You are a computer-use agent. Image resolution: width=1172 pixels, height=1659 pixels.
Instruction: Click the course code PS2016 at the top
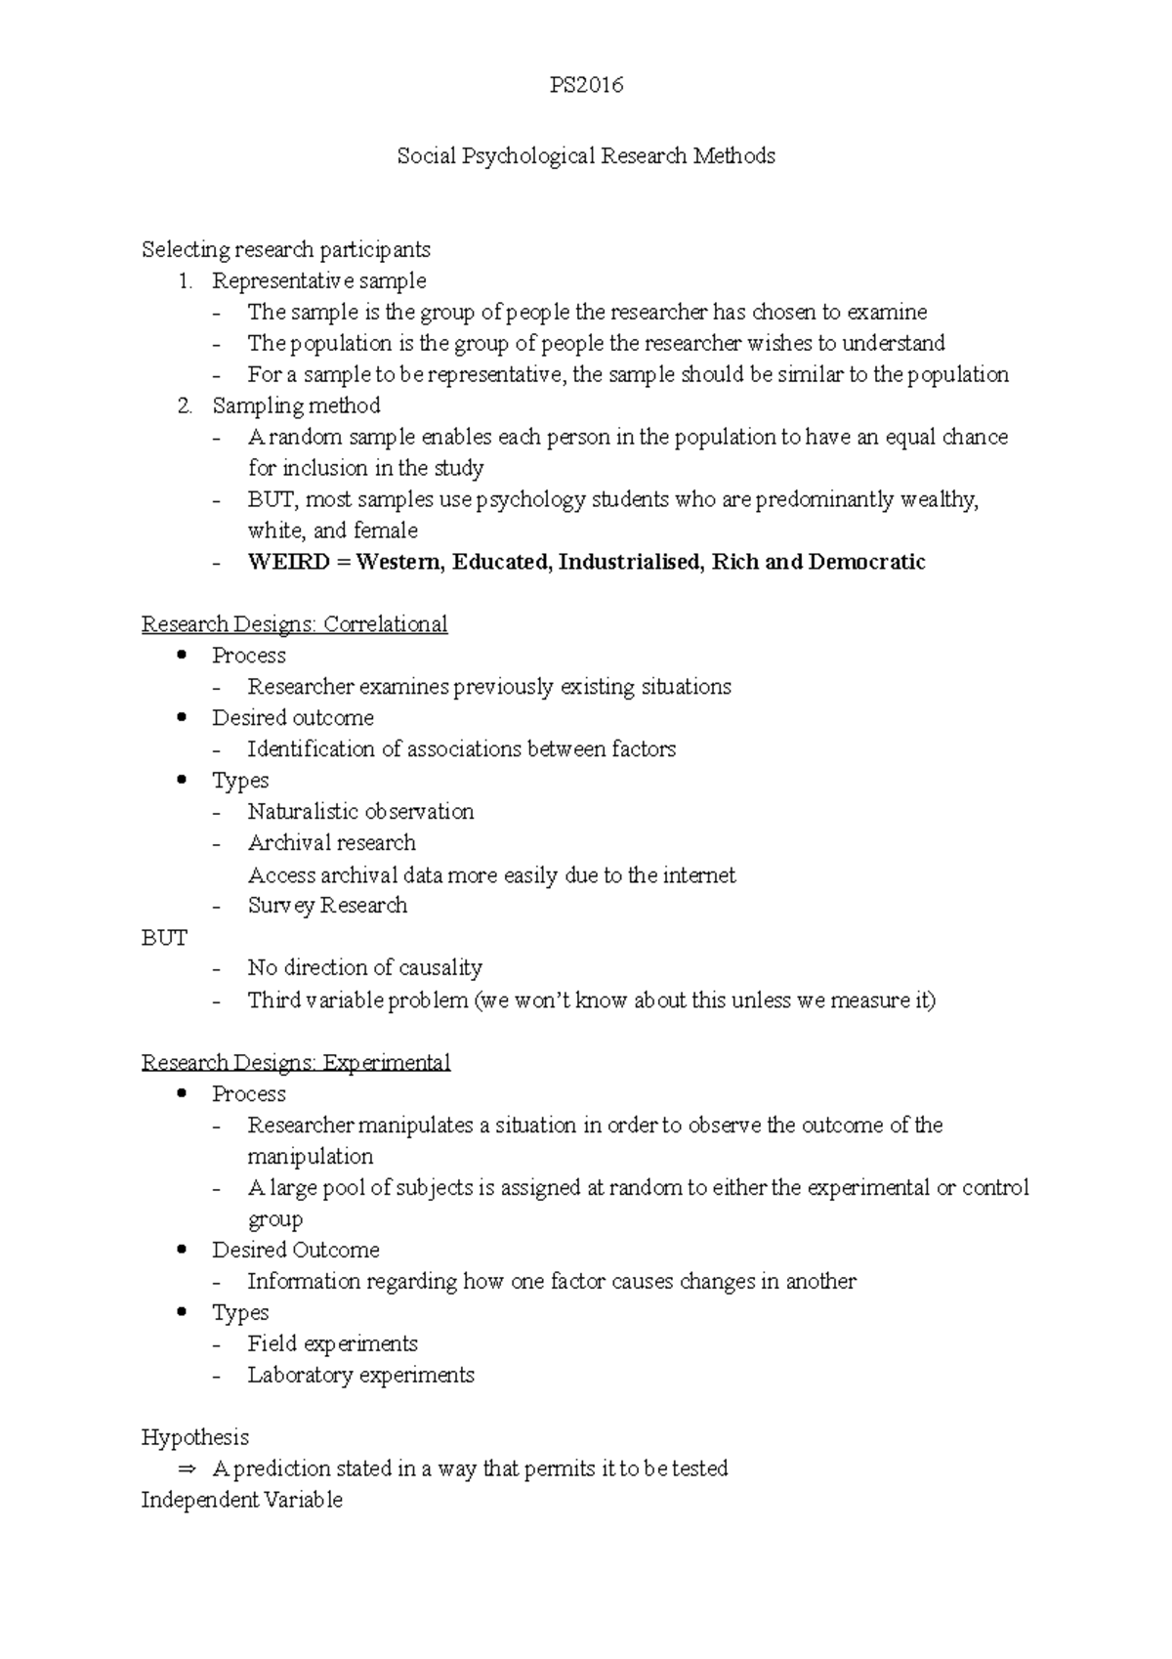[585, 85]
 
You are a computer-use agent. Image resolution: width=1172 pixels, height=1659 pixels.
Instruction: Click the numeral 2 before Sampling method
[185, 405]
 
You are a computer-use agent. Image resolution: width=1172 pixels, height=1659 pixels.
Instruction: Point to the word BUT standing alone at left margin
[164, 938]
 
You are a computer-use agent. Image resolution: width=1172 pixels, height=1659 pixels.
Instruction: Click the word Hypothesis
[195, 1437]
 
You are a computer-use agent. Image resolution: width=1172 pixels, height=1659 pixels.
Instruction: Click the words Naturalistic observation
[360, 812]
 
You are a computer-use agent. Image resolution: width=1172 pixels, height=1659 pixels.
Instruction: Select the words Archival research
[331, 843]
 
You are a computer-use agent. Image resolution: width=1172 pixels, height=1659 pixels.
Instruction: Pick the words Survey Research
[327, 906]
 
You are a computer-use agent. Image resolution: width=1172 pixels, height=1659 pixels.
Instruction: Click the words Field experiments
[332, 1344]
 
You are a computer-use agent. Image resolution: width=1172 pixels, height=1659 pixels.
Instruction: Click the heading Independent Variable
[241, 1500]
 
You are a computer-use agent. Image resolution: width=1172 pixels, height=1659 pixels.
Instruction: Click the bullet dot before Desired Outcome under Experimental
[182, 1250]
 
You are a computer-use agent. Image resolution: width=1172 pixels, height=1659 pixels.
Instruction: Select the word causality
[438, 968]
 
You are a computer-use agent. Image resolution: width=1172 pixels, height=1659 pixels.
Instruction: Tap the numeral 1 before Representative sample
[184, 281]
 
